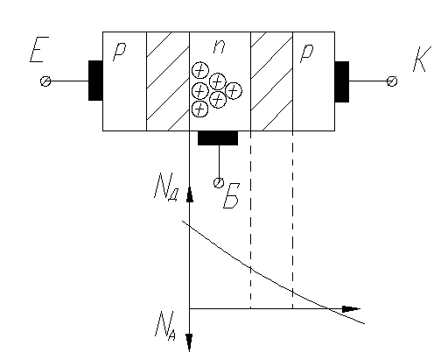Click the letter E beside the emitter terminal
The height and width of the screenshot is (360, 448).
(x=39, y=49)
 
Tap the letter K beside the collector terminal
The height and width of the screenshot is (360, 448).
(x=422, y=59)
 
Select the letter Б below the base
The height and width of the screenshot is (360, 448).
(x=231, y=195)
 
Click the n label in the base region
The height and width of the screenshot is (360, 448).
(x=219, y=46)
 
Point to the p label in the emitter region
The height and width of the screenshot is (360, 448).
(x=119, y=51)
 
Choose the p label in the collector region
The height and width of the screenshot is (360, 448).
(x=307, y=53)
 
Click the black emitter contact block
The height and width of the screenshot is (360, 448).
(x=95, y=81)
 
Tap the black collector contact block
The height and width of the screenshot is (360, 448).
(x=342, y=81)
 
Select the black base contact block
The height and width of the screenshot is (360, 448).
(x=218, y=138)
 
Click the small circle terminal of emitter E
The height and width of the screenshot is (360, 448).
(x=45, y=81)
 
